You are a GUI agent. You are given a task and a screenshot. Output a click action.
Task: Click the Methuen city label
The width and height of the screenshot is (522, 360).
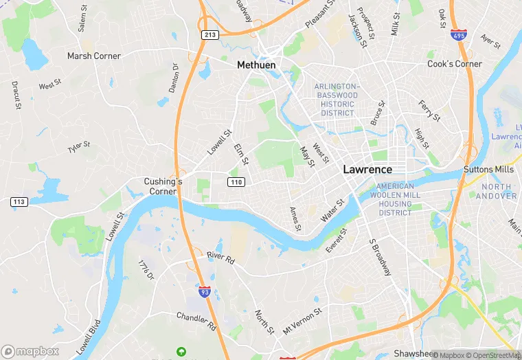coord(256,65)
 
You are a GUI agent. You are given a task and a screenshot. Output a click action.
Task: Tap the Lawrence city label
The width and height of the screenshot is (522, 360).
coord(367,169)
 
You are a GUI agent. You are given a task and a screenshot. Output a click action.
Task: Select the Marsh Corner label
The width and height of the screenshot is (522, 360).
coord(93,56)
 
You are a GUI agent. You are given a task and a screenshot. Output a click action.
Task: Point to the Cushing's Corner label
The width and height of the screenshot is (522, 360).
coord(163,186)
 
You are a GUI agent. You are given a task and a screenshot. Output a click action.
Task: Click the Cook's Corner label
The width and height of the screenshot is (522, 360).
coord(454,64)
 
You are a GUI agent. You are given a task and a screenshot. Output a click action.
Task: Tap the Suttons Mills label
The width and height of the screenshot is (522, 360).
coord(489,169)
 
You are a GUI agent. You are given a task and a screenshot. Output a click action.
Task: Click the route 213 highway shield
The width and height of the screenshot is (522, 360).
coord(210,34)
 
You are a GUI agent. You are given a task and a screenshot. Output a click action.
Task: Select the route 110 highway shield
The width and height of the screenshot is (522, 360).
coord(236,181)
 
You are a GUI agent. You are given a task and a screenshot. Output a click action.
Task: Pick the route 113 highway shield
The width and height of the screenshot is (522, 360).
coord(19,202)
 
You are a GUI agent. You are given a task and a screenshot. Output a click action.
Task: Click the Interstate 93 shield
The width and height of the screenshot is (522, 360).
coord(205,292)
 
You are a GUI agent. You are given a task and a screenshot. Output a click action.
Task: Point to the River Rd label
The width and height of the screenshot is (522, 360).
coord(220,256)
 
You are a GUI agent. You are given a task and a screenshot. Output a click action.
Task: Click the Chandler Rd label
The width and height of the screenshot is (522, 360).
coord(196,317)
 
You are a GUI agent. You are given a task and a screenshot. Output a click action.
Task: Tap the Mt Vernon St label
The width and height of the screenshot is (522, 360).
coord(302,320)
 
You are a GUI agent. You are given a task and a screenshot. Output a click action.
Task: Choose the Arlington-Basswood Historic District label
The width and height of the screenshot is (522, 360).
coord(337,100)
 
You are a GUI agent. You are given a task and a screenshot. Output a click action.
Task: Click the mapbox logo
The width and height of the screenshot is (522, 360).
coord(30,351)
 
